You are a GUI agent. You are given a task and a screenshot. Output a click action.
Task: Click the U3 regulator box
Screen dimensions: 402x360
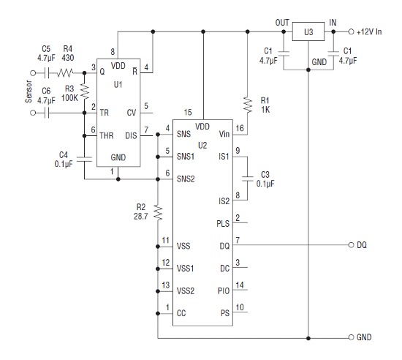308,31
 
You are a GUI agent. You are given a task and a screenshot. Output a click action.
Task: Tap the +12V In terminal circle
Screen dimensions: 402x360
352,31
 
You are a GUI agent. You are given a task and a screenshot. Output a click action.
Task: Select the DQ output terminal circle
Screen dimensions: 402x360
352,245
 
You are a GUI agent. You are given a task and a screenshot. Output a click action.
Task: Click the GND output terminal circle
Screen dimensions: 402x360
352,337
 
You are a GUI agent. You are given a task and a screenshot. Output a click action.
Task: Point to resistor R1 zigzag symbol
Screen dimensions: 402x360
247,105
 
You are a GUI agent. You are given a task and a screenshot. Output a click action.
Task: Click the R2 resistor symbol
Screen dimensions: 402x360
158,212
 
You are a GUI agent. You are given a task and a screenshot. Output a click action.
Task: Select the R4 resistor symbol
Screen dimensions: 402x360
65,73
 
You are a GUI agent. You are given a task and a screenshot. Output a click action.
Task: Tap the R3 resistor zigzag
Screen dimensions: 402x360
84,91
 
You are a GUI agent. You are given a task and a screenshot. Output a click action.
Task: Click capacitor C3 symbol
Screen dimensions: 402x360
247,179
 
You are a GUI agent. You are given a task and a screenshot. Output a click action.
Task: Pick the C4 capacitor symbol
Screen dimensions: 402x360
84,159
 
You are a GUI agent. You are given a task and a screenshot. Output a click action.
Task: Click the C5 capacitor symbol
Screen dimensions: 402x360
47,73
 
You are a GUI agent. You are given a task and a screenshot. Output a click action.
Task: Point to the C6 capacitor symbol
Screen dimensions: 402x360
47,113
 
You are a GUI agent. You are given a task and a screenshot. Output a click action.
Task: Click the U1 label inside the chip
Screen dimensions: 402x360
118,84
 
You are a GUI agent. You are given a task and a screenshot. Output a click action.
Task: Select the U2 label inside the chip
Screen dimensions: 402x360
202,146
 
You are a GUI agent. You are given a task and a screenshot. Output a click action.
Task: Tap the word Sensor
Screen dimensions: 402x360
29,91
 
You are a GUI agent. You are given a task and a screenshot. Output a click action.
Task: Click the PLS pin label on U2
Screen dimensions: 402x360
223,223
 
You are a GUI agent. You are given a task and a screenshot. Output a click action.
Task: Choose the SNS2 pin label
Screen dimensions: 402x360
186,179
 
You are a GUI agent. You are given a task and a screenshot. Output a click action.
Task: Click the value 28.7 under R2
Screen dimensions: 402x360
141,217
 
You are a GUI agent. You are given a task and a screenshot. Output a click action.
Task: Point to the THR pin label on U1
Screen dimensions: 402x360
107,135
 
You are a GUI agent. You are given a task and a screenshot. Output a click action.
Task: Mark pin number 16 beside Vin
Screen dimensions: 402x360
240,128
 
